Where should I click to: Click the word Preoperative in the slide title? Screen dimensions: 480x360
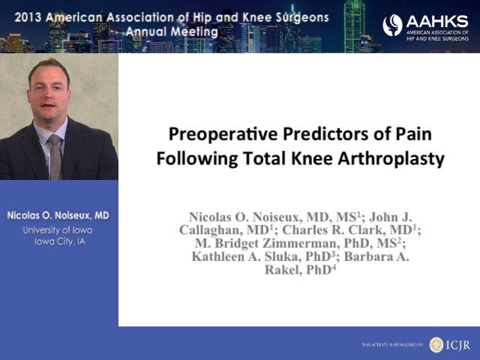click(x=223, y=135)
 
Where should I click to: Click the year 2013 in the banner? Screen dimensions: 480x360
click(x=28, y=17)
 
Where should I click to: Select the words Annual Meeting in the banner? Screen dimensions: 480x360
click(x=172, y=31)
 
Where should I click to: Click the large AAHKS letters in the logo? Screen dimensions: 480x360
click(x=437, y=22)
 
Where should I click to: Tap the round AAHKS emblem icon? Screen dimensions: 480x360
click(x=392, y=25)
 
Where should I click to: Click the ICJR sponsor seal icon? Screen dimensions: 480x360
click(x=436, y=345)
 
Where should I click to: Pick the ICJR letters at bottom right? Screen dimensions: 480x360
click(x=457, y=345)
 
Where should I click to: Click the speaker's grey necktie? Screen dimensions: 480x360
click(x=55, y=156)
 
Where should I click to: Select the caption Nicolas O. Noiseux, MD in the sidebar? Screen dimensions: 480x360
click(x=58, y=215)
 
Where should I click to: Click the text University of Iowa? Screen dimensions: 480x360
click(x=58, y=230)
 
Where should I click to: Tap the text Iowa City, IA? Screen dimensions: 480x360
click(x=60, y=241)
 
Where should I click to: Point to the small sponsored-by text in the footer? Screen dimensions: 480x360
click(x=392, y=345)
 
